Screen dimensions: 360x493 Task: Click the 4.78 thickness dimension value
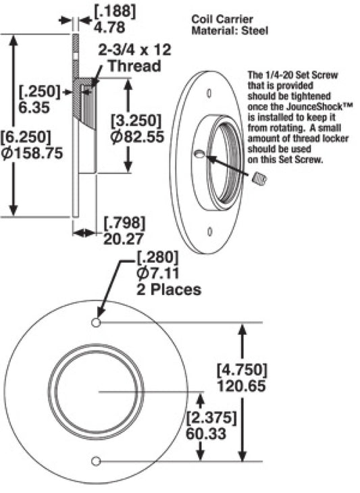pyautogui.click(x=109, y=27)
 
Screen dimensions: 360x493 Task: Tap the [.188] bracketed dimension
pyautogui.click(x=115, y=11)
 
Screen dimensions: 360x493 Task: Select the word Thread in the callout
pyautogui.click(x=134, y=66)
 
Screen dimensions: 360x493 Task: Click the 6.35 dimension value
pyautogui.click(x=34, y=107)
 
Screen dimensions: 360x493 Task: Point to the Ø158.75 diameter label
pyautogui.click(x=32, y=153)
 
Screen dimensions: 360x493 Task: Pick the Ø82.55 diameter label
pyautogui.click(x=137, y=137)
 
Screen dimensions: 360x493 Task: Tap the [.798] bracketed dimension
pyautogui.click(x=125, y=224)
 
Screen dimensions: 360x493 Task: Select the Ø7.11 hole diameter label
pyautogui.click(x=158, y=273)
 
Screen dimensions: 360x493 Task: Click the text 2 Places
pyautogui.click(x=169, y=289)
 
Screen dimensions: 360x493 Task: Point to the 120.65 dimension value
pyautogui.click(x=242, y=386)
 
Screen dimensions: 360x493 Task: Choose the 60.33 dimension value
pyautogui.click(x=206, y=434)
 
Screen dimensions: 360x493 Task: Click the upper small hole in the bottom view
pyautogui.click(x=96, y=323)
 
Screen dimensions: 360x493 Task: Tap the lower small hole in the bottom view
pyautogui.click(x=96, y=461)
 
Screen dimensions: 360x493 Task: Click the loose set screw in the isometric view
pyautogui.click(x=260, y=178)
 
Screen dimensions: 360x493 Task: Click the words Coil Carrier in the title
pyautogui.click(x=222, y=19)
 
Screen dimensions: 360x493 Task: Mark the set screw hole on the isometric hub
pyautogui.click(x=199, y=154)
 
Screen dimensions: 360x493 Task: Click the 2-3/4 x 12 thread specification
pyautogui.click(x=135, y=50)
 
